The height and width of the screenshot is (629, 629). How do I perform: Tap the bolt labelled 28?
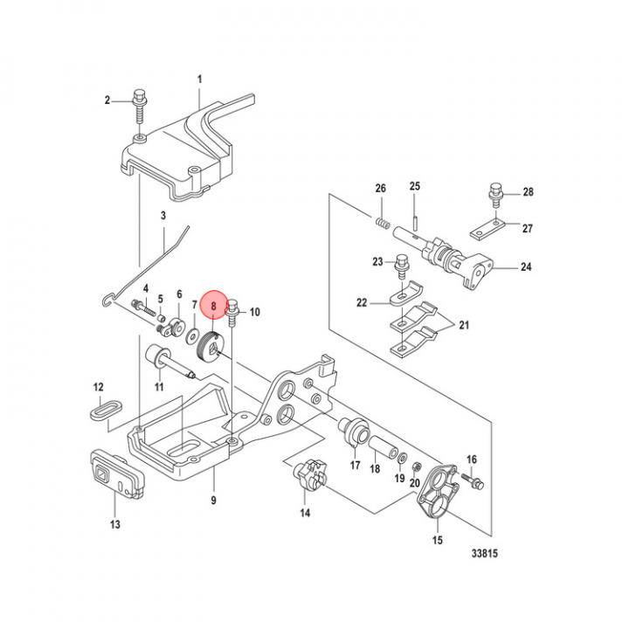(496, 191)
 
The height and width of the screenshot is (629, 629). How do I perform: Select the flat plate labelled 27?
(483, 232)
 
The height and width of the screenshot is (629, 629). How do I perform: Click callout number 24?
(526, 267)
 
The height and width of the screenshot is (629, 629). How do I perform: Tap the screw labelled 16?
(475, 480)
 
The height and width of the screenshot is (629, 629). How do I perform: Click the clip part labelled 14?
(307, 477)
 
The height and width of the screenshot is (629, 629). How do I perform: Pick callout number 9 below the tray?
(213, 501)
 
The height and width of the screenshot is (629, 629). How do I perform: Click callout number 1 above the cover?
(199, 79)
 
